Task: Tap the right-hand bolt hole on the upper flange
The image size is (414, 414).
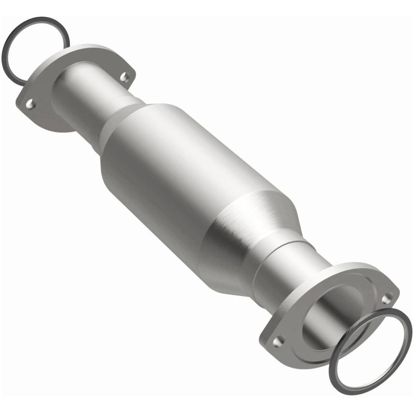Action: [124, 77]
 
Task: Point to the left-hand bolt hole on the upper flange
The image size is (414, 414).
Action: [31, 104]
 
